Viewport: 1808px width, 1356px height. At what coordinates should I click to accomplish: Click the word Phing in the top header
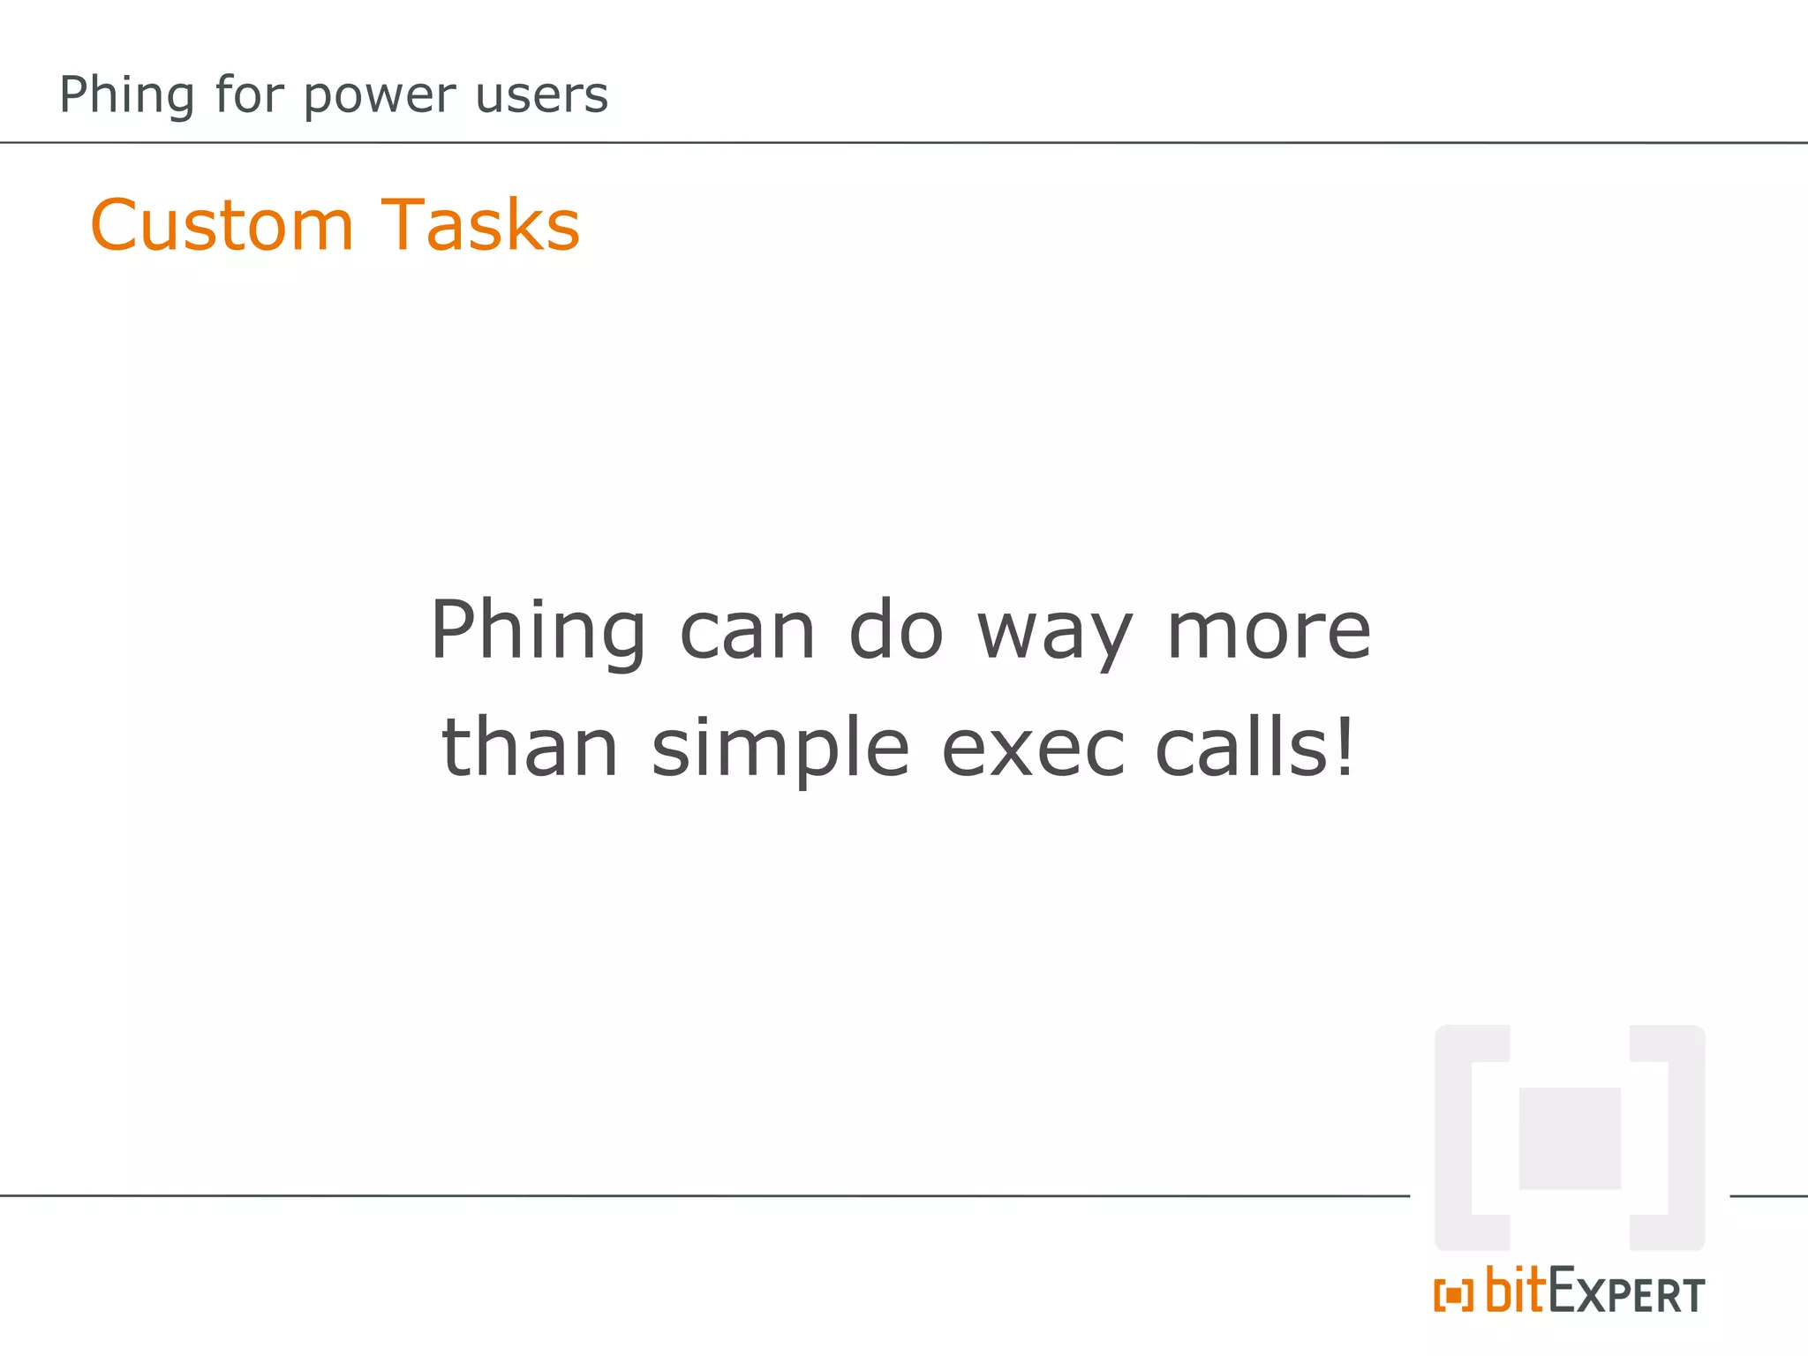(126, 95)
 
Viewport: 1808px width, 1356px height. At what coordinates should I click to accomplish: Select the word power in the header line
(380, 95)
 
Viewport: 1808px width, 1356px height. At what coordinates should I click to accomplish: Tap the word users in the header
(541, 95)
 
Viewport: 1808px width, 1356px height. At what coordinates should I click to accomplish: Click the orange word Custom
(222, 226)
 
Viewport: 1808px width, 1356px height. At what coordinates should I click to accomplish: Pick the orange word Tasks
(480, 226)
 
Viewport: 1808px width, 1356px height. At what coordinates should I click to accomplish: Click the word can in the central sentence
(747, 631)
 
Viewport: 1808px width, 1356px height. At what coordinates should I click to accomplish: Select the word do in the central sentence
(896, 631)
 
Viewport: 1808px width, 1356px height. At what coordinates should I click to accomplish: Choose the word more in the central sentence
(1269, 631)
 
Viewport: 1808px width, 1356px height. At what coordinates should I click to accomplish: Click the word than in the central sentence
(530, 748)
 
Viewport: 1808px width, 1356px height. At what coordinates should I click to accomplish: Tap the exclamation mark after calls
(1345, 748)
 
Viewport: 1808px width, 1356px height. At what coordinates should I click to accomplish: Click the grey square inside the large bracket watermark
(1570, 1139)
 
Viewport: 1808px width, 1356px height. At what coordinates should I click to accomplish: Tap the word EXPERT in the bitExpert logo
(1626, 1293)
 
